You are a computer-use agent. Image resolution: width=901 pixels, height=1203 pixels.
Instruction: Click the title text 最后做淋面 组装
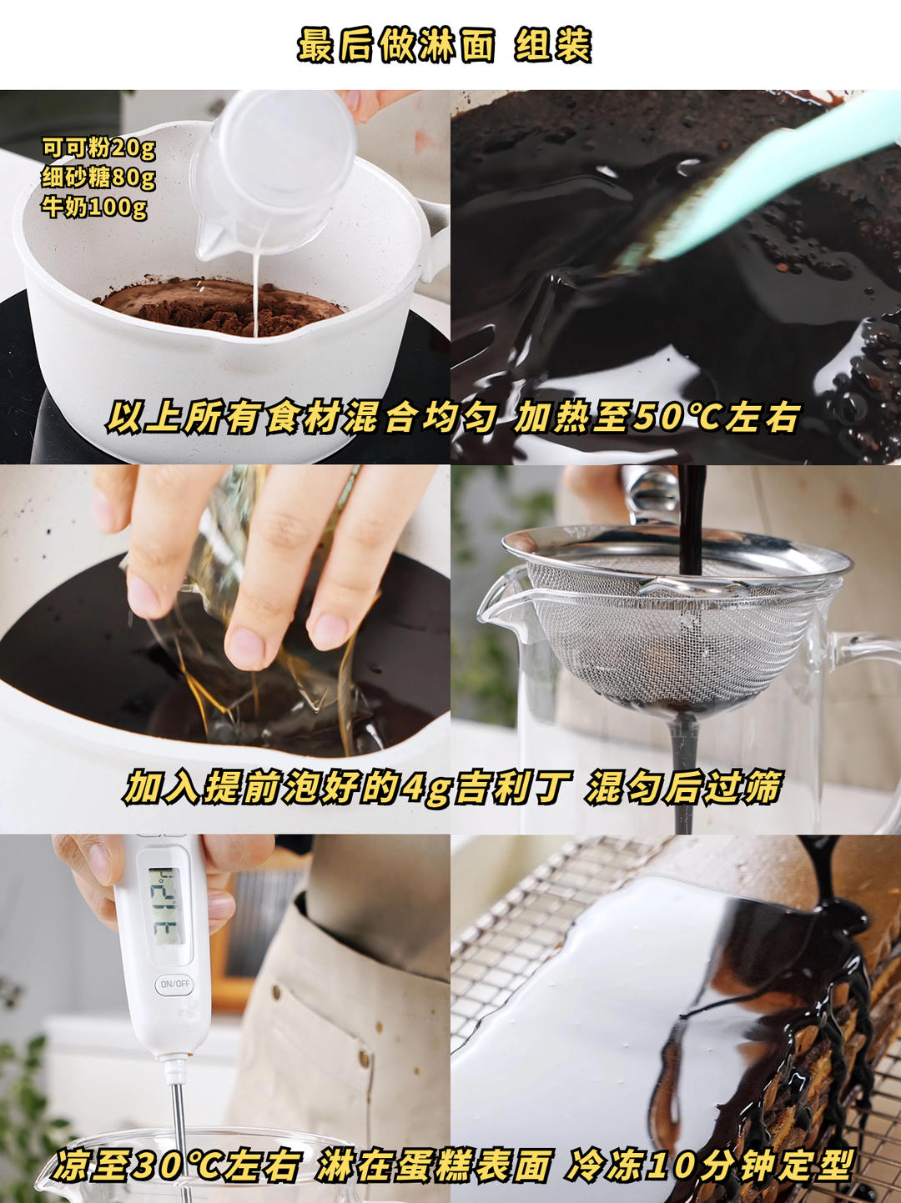coord(444,46)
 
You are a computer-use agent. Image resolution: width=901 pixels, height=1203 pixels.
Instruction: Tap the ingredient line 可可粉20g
coord(98,148)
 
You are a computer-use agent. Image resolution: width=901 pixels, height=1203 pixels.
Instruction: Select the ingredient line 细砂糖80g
coord(98,178)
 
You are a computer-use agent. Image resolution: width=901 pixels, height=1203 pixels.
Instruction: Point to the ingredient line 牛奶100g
coord(94,206)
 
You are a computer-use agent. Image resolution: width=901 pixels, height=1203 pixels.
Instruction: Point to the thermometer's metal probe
coord(178,1109)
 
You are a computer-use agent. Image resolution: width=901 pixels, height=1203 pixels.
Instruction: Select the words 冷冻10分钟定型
coord(710,1165)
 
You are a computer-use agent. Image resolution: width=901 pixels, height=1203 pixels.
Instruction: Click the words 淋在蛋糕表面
coord(434,1165)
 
